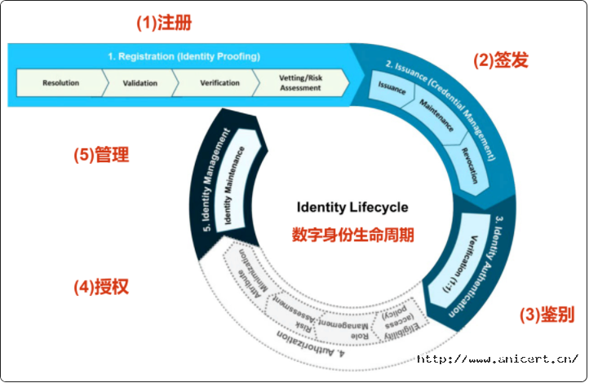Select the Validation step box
tap(140, 83)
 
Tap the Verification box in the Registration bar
tap(218, 83)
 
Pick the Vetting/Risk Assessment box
tap(299, 83)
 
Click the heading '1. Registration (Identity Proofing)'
tap(184, 56)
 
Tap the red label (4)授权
tap(101, 287)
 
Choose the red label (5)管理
tap(100, 154)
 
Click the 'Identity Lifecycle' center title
tap(352, 208)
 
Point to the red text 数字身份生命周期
tap(352, 235)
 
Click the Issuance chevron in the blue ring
tap(392, 86)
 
